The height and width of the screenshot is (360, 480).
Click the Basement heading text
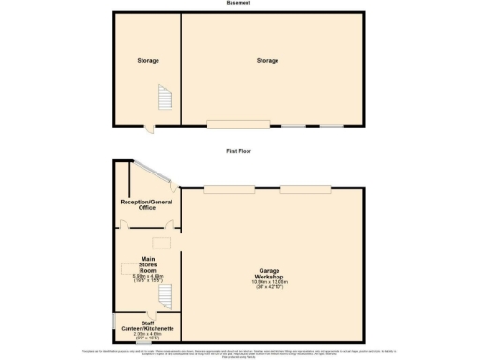[x=238, y=4]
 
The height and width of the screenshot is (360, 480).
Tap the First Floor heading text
[x=238, y=150]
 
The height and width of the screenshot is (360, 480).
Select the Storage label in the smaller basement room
[x=147, y=61]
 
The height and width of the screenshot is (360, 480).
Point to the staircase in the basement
[x=165, y=98]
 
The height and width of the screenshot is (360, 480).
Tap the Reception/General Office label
[x=146, y=204]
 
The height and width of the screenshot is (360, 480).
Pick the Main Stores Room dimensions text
[x=147, y=278]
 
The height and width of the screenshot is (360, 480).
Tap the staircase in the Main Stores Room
[x=165, y=297]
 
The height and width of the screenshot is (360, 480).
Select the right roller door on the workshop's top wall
[x=299, y=188]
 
